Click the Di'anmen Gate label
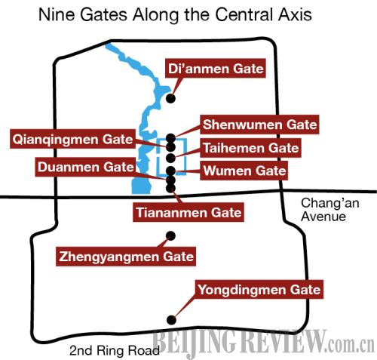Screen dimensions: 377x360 pyautogui.click(x=216, y=69)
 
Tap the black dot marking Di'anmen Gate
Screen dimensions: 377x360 pyautogui.click(x=171, y=98)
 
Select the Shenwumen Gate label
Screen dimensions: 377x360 pyautogui.click(x=259, y=125)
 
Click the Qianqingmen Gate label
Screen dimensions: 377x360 pyautogui.click(x=72, y=139)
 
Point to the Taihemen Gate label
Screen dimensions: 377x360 pyautogui.click(x=250, y=148)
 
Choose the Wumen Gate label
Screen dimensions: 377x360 pyautogui.click(x=244, y=171)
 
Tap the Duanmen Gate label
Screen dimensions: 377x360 pyautogui.click(x=85, y=167)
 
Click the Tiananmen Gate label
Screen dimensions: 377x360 pyautogui.click(x=188, y=212)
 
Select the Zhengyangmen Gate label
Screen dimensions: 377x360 pyautogui.click(x=126, y=257)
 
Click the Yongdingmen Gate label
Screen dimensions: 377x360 pyautogui.click(x=259, y=290)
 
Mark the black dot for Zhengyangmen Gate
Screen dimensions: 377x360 pyautogui.click(x=171, y=235)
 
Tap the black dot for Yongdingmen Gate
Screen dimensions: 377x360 pyautogui.click(x=171, y=320)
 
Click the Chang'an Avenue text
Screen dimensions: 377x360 pyautogui.click(x=329, y=210)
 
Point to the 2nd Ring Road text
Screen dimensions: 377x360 pyautogui.click(x=115, y=350)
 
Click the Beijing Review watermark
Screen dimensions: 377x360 pyautogui.click(x=263, y=342)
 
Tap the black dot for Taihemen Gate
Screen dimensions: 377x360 pyautogui.click(x=171, y=158)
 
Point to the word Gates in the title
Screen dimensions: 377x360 pyautogui.click(x=104, y=14)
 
